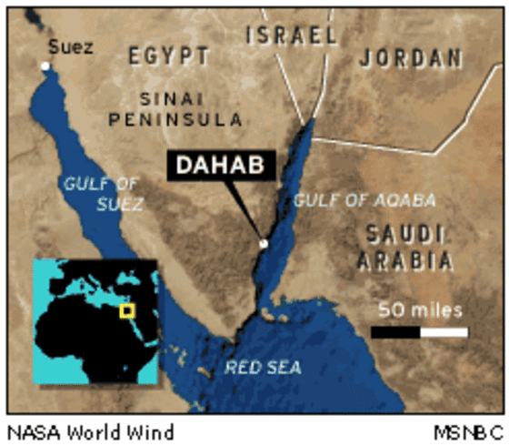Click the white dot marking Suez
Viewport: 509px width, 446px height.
click(x=45, y=66)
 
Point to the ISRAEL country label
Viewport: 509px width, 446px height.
click(x=292, y=36)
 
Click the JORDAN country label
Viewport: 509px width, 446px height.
click(x=411, y=57)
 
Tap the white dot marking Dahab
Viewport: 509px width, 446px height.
click(x=264, y=243)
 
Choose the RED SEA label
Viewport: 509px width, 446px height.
click(x=264, y=368)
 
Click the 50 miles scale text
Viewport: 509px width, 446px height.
click(x=420, y=309)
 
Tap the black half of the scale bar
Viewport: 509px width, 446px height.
click(x=395, y=331)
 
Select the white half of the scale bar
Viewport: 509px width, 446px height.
click(x=444, y=331)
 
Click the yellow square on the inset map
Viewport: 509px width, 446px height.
click(x=127, y=311)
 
